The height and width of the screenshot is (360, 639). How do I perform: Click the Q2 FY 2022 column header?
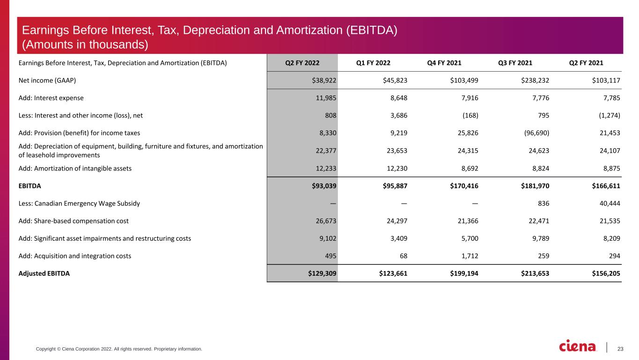click(302, 63)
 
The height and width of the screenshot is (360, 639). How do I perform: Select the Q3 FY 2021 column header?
click(515, 63)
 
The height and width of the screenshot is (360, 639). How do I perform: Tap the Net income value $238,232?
click(535, 81)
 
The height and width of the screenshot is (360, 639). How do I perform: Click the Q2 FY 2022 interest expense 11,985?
click(326, 98)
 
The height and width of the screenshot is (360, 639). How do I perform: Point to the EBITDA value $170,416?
click(464, 186)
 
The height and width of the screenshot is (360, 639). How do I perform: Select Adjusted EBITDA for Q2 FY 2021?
click(606, 273)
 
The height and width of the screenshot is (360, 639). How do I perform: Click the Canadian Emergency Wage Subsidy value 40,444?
click(610, 203)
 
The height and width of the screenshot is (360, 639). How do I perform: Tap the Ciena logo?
click(577, 346)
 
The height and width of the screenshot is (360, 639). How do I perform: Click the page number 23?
click(620, 349)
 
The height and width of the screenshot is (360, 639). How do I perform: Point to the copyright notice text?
click(119, 349)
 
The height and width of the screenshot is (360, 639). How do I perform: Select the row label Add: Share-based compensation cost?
click(73, 221)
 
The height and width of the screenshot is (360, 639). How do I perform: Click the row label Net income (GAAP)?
click(47, 81)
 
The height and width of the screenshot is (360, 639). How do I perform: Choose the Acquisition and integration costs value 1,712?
click(470, 256)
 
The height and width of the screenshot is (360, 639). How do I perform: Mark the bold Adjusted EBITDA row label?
click(44, 273)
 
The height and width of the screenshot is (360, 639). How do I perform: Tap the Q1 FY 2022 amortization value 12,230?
click(397, 169)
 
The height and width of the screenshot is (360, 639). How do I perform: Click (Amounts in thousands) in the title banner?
click(85, 44)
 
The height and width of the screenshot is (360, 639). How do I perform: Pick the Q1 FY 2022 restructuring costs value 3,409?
click(398, 238)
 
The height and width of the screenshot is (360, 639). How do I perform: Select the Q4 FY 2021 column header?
click(444, 63)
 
